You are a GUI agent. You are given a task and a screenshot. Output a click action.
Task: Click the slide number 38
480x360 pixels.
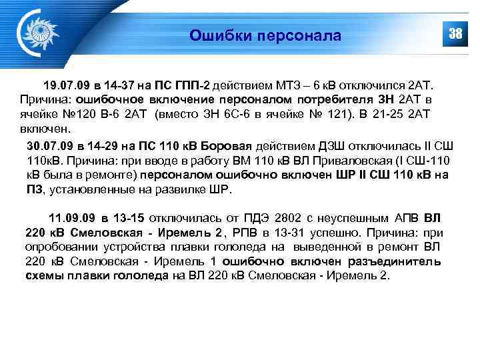point(455,34)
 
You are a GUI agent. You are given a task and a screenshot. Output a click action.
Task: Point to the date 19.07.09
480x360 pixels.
point(64,86)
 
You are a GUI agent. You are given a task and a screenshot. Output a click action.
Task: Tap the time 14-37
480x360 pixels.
point(123,86)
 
